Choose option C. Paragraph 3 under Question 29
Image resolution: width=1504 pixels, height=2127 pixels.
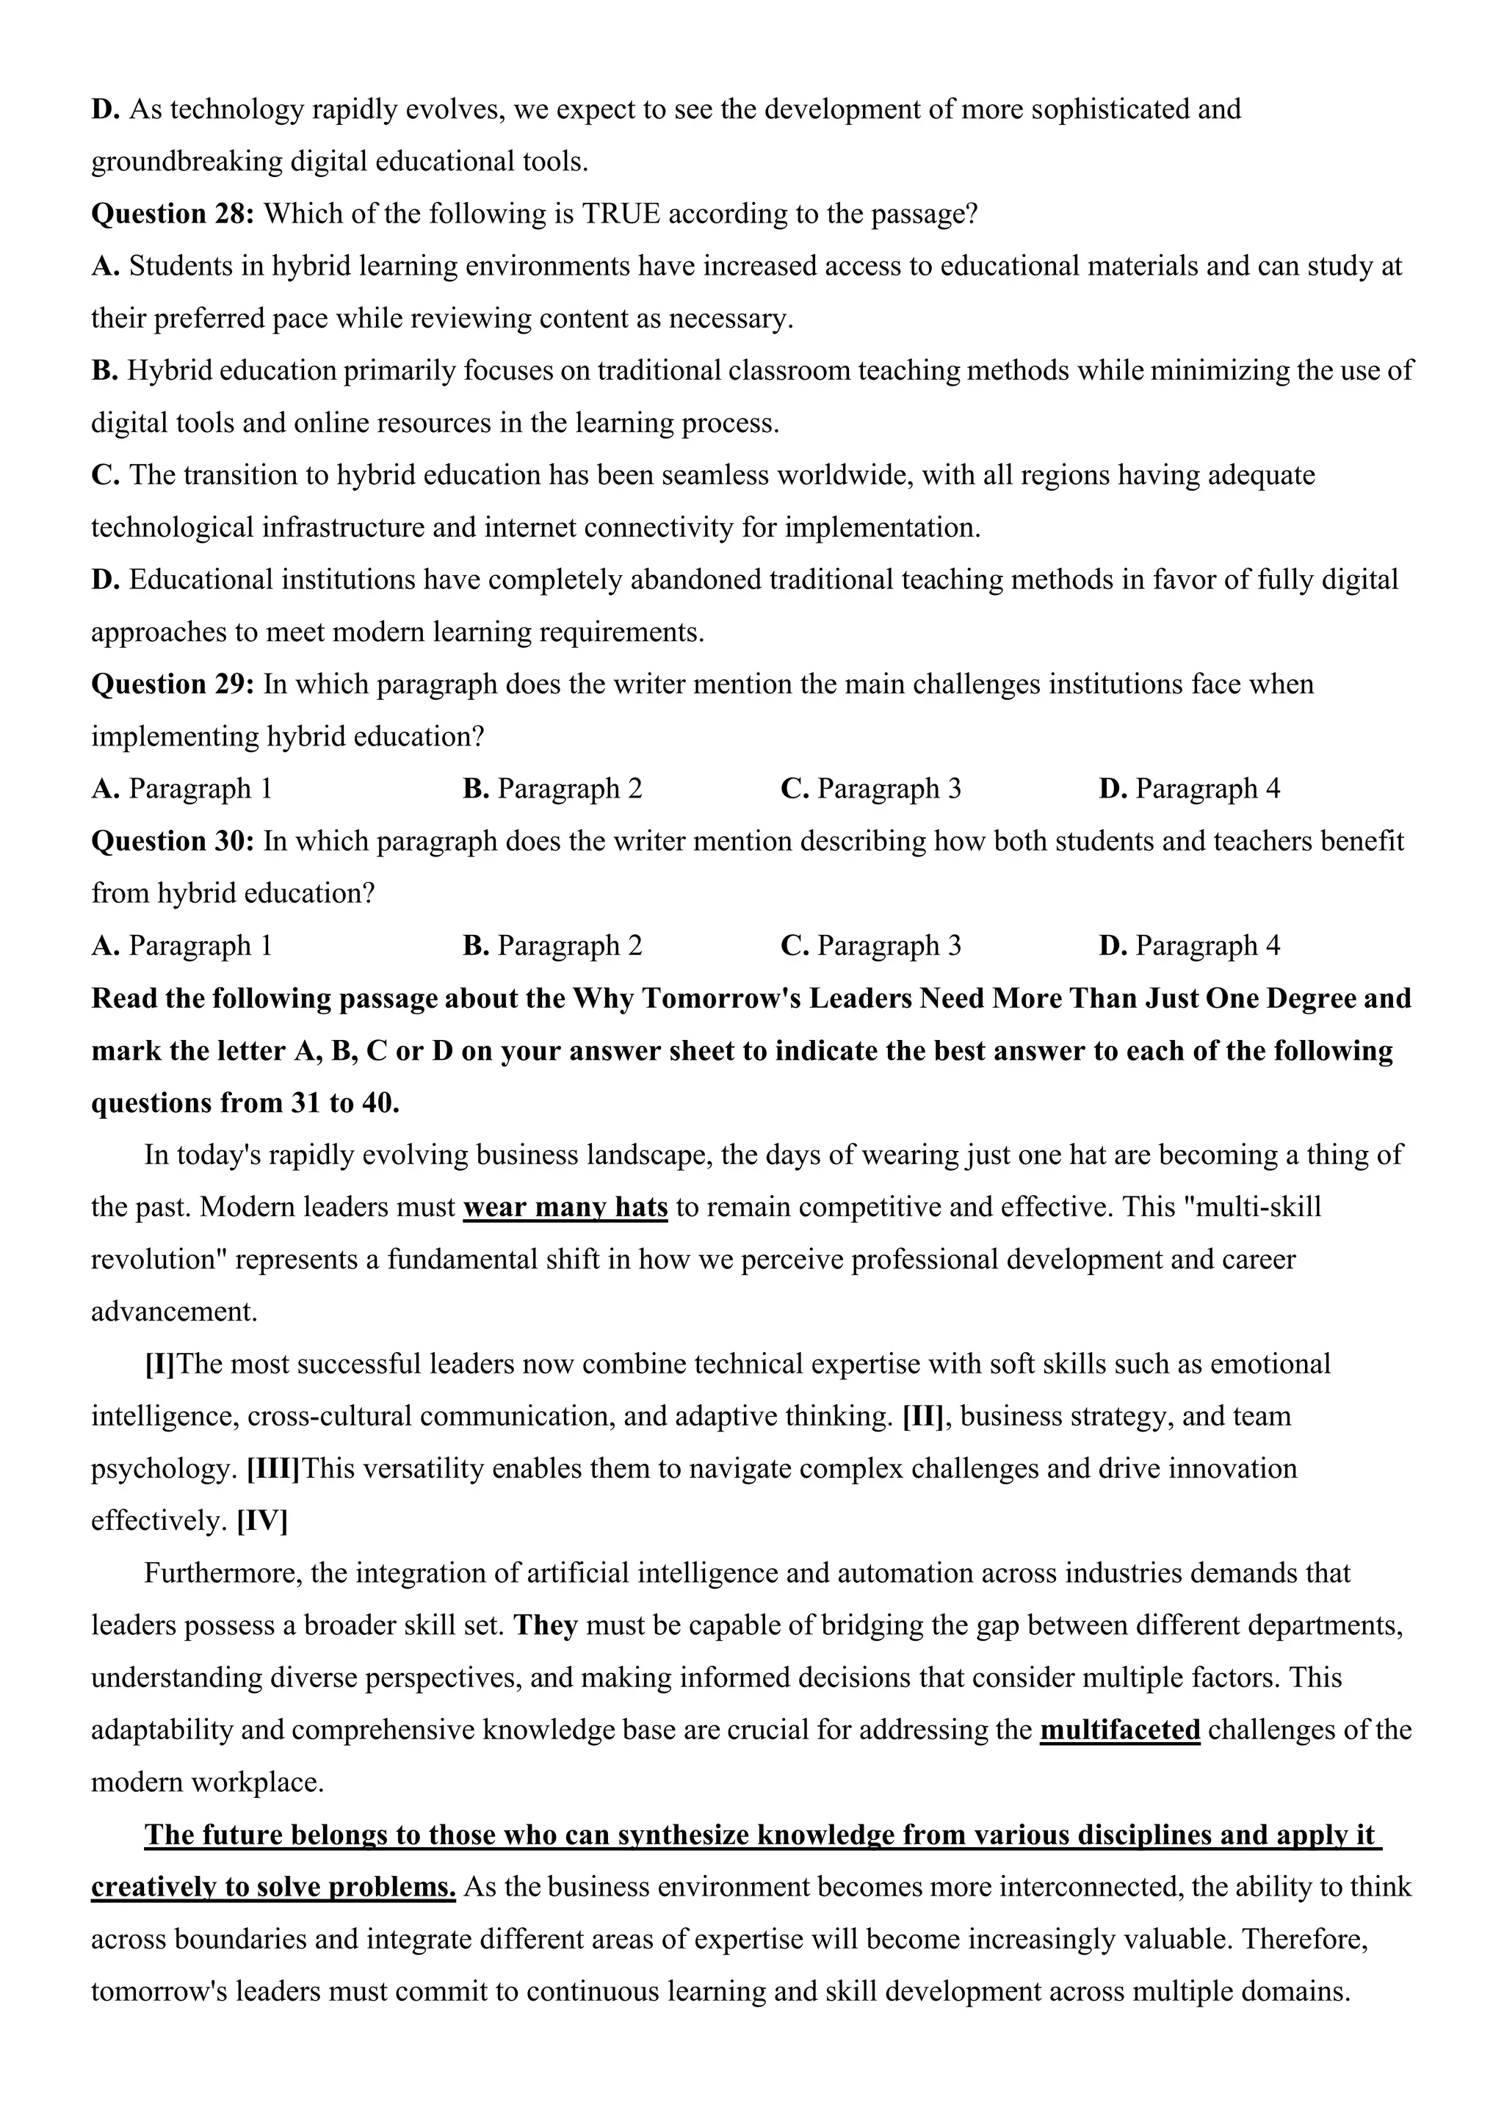(870, 790)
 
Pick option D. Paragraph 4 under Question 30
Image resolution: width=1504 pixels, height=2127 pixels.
(1189, 946)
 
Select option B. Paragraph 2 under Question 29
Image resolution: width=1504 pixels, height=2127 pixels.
(552, 790)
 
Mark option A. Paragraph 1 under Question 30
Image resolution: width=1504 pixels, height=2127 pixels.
(181, 946)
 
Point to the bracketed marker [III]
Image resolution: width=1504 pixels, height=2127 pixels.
(273, 1469)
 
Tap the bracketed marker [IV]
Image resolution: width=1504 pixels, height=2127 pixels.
(262, 1521)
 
